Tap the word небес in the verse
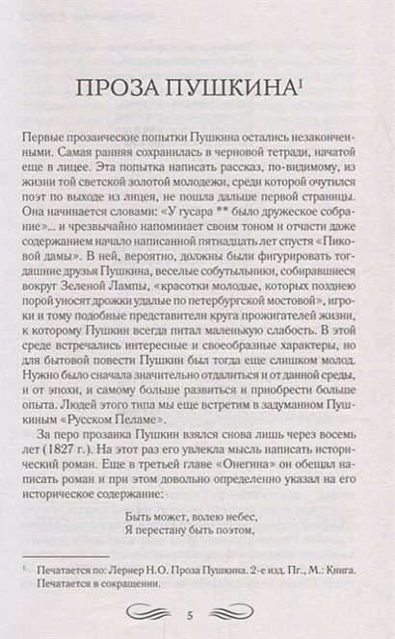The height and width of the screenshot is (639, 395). click(x=248, y=511)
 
